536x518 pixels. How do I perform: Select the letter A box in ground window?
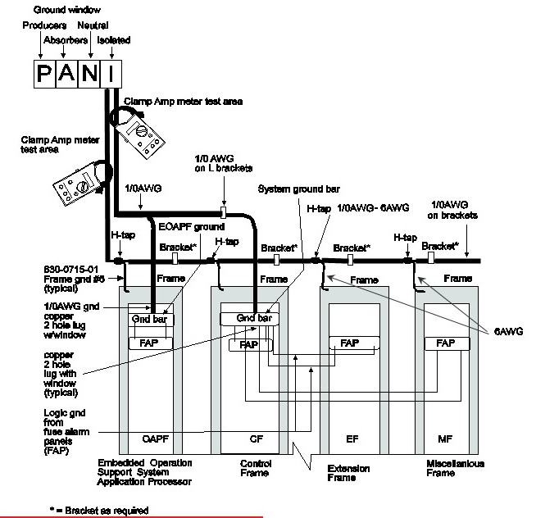click(66, 75)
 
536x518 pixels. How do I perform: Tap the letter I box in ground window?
click(111, 75)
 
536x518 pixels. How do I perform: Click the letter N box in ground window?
click(89, 75)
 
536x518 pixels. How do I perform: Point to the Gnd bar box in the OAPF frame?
click(149, 318)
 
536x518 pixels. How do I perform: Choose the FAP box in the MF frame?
click(444, 343)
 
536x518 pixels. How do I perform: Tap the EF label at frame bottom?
click(352, 439)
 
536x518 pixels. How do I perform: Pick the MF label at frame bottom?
click(444, 439)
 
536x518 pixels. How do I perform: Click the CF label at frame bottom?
click(254, 439)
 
